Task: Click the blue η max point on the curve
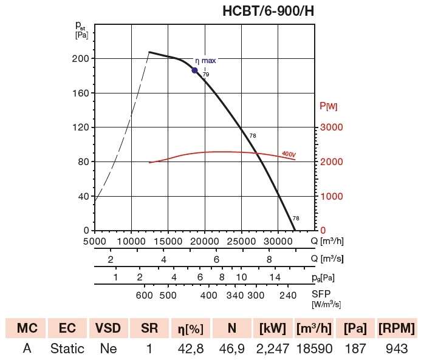click(x=195, y=70)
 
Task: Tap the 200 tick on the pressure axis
click(x=81, y=59)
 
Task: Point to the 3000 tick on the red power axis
click(x=332, y=127)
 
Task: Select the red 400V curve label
click(x=289, y=154)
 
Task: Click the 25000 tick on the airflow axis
click(x=241, y=240)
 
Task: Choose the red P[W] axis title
click(x=329, y=106)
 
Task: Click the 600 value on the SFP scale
click(x=144, y=296)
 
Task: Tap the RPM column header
click(x=396, y=328)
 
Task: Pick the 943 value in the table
click(x=396, y=350)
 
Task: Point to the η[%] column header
click(x=191, y=328)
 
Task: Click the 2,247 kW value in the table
click(x=272, y=350)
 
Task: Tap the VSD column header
click(x=108, y=328)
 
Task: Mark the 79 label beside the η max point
click(x=206, y=75)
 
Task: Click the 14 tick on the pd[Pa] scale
click(x=275, y=277)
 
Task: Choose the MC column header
click(x=27, y=328)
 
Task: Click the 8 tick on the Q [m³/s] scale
click(x=269, y=259)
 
